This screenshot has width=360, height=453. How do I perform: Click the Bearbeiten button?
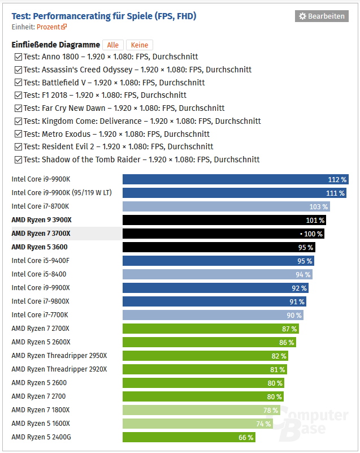[x=321, y=16]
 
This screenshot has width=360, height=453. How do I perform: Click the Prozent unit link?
[x=51, y=27]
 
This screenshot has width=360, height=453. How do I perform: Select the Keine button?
[x=139, y=45]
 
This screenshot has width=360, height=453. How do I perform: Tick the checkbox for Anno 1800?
[x=18, y=57]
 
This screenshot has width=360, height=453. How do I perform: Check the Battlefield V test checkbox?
[x=18, y=83]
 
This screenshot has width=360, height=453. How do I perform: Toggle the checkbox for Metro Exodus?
[x=18, y=134]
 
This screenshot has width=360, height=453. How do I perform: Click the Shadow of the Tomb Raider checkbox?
[x=18, y=159]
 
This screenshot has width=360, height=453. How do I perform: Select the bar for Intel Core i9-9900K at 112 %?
[x=235, y=179]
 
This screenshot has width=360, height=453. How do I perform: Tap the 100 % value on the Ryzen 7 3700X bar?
[x=313, y=234]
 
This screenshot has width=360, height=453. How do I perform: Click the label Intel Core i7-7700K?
[x=40, y=315]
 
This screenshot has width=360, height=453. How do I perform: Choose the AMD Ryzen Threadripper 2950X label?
[x=59, y=356]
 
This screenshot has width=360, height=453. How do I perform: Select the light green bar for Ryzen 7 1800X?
[x=201, y=410]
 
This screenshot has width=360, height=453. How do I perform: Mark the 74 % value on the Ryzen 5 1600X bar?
[x=263, y=424]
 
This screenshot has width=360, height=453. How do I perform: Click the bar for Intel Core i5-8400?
[x=217, y=274]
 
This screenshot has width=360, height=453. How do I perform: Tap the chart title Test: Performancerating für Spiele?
[x=104, y=16]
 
